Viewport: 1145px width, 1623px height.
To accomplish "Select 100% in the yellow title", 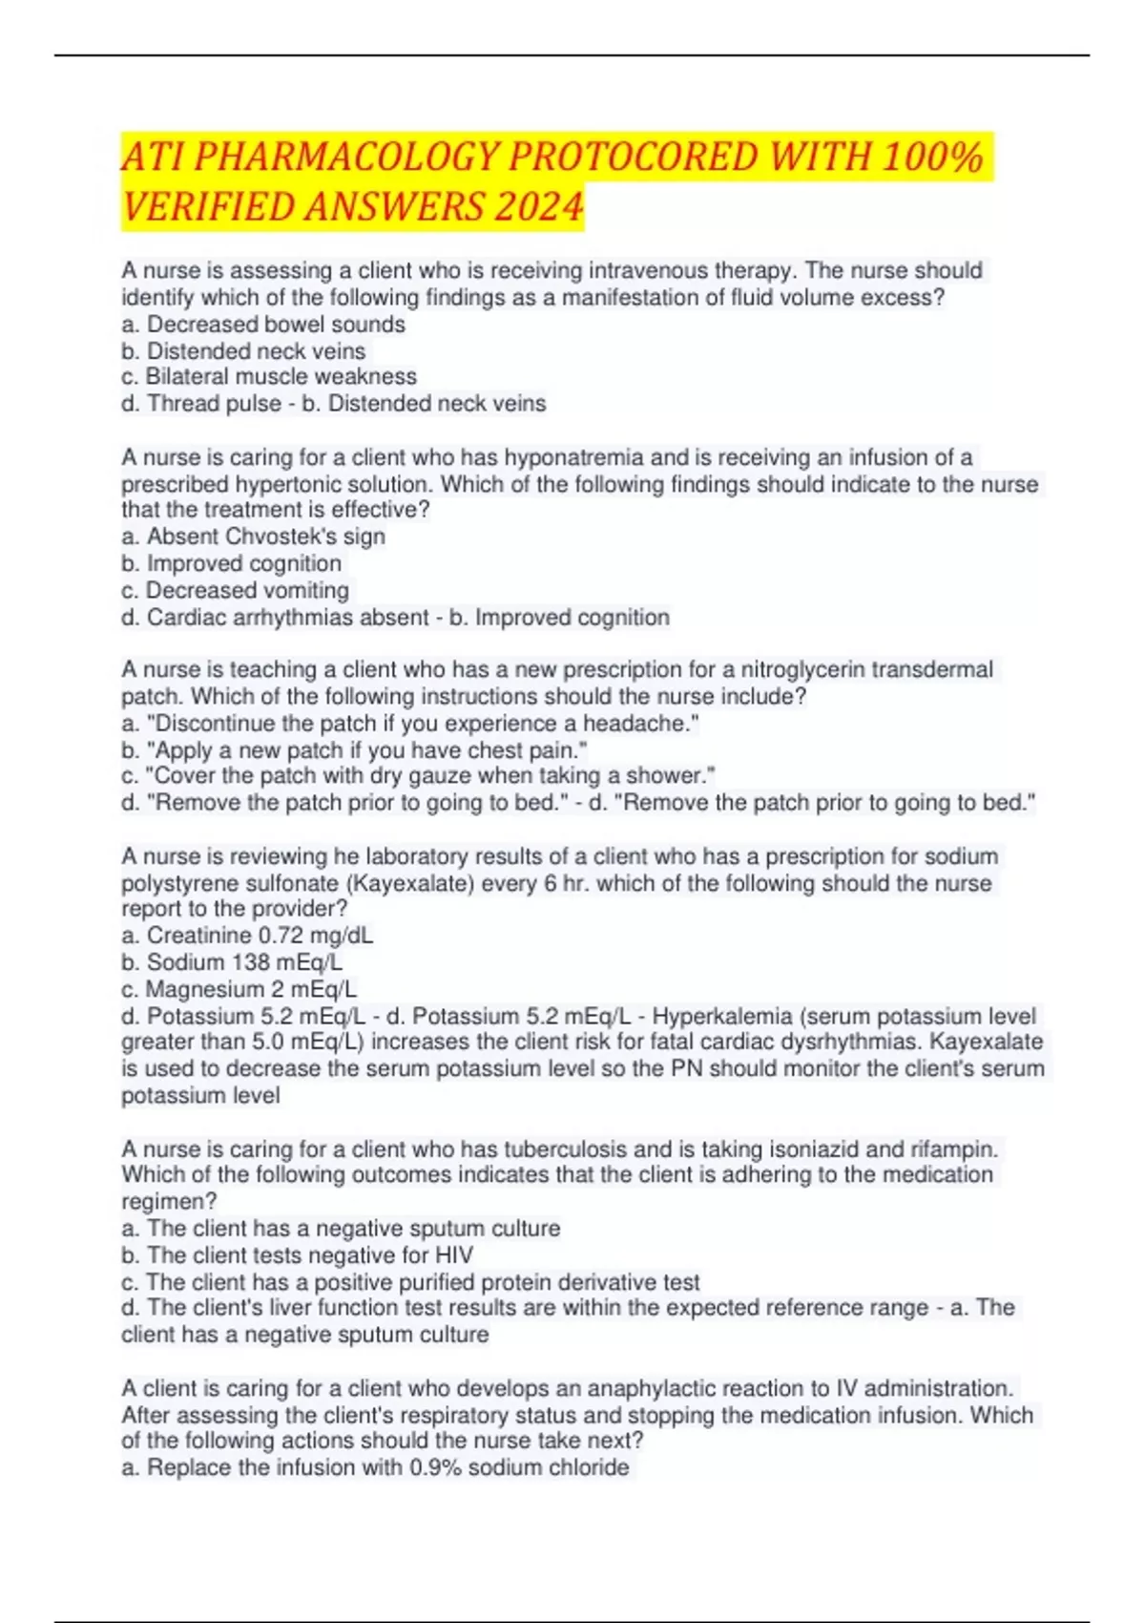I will pos(932,157).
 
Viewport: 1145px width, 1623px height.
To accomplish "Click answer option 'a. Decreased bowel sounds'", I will pos(263,325).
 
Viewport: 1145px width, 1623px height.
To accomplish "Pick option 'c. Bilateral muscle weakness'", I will pos(269,377).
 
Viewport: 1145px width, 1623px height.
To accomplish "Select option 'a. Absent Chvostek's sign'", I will pos(254,537).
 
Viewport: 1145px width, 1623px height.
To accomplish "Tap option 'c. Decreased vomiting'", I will pos(236,590).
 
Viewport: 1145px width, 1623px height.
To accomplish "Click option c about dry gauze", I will pos(418,776).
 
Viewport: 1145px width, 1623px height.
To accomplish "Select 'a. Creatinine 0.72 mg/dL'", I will pos(247,936).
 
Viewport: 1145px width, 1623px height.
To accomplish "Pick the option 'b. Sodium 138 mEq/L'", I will pos(232,962).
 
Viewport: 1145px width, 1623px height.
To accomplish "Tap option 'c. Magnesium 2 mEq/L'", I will pos(239,989).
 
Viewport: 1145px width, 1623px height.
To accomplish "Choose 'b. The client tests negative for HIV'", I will pos(297,1255).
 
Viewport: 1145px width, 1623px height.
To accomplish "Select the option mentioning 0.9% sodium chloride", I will pos(376,1468).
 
